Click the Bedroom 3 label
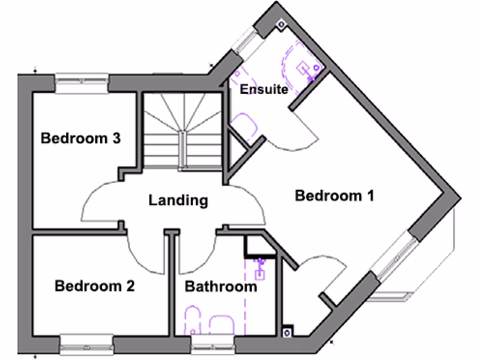pos(81,139)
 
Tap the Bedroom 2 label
pos(95,286)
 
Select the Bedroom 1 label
pos(334,196)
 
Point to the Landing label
pos(178,201)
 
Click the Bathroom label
pos(221,286)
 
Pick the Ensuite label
pos(264,89)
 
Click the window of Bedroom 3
pos(82,82)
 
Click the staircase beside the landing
pos(182,131)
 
